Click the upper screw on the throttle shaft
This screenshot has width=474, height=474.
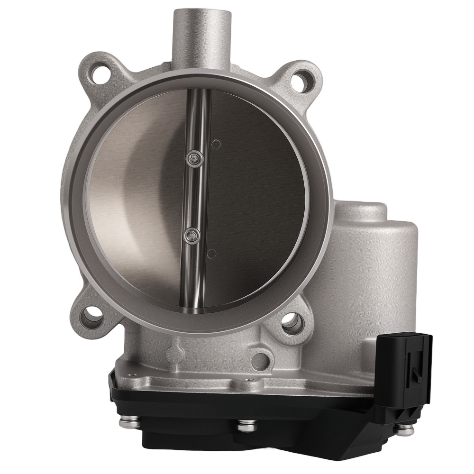[x=193, y=159]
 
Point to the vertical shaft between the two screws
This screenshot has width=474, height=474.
[x=192, y=196]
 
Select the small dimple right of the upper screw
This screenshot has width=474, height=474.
[x=216, y=144]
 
